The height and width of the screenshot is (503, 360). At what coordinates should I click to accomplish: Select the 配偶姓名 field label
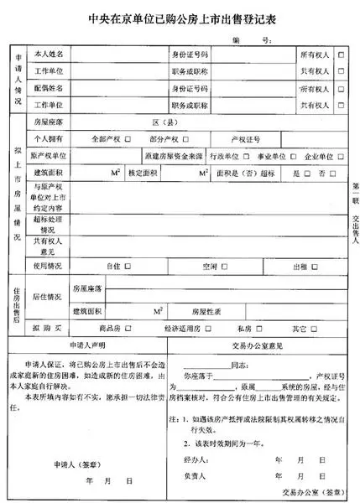click(x=48, y=87)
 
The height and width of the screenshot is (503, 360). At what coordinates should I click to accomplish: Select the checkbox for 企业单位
click(x=339, y=157)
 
